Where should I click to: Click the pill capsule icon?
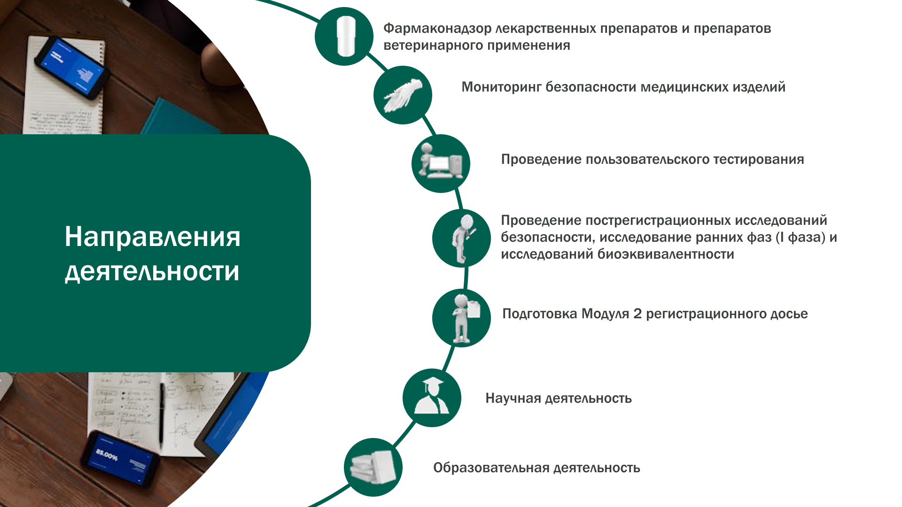click(346, 36)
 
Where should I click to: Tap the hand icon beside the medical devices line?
click(403, 95)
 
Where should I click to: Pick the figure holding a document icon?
click(466, 318)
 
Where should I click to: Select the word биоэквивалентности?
click(666, 254)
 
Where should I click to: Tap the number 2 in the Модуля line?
click(638, 314)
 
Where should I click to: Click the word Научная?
click(513, 399)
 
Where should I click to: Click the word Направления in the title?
click(153, 237)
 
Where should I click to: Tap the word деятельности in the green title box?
click(152, 272)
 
